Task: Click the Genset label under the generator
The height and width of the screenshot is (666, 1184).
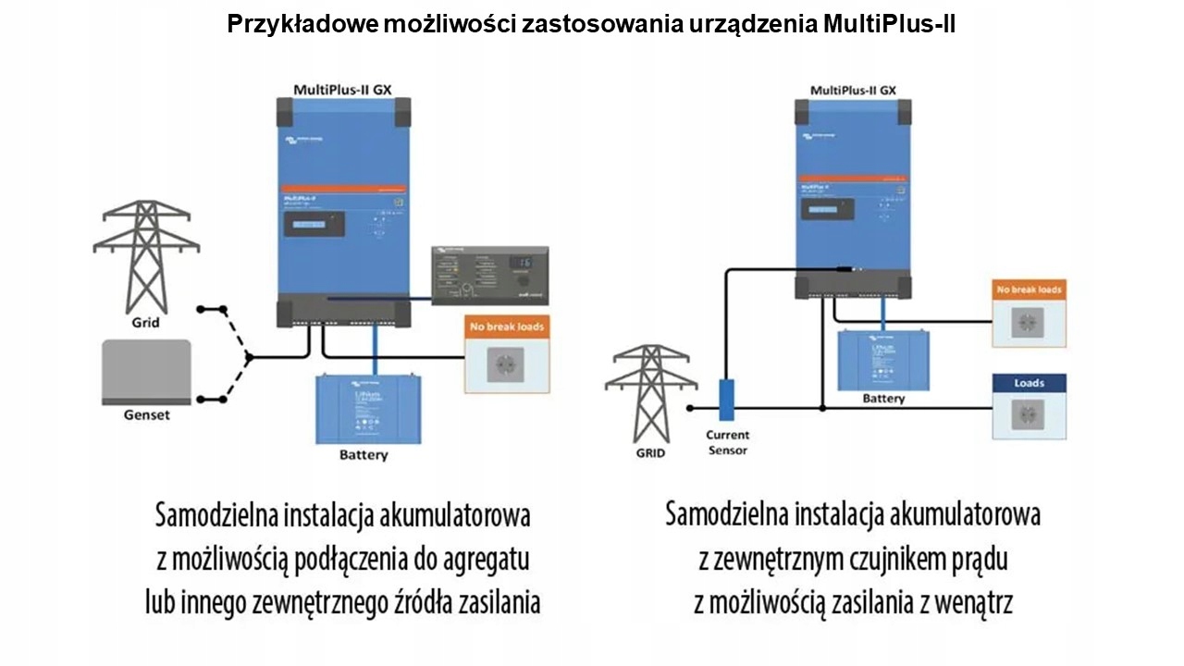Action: tap(147, 415)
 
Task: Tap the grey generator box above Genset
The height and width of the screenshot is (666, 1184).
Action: tap(146, 370)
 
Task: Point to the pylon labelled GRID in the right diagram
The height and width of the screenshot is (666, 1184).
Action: tap(650, 392)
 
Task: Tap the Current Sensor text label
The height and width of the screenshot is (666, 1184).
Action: tap(727, 442)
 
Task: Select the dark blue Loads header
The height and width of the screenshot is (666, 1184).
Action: tap(1029, 383)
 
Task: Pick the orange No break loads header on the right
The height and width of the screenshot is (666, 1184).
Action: tap(1029, 290)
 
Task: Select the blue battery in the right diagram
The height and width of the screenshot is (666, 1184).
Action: tap(883, 359)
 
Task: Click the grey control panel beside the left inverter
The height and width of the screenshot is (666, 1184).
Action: tap(490, 277)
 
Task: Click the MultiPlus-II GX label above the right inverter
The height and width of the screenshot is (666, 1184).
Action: tap(852, 90)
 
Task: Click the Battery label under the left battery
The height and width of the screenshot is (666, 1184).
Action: tap(364, 455)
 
